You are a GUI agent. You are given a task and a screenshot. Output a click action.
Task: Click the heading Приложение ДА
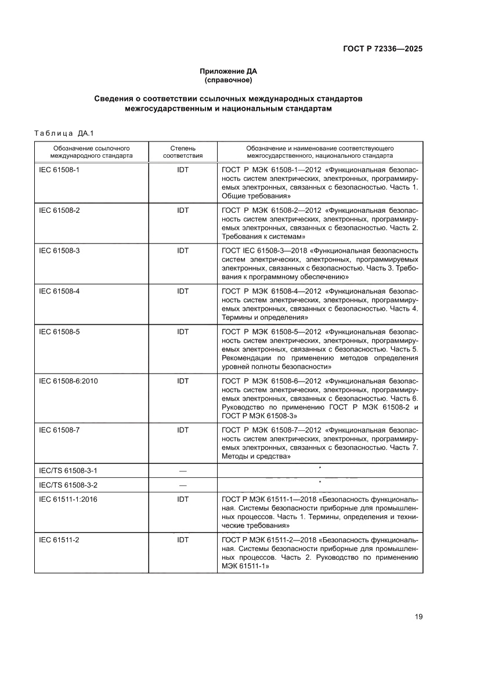coord(228,71)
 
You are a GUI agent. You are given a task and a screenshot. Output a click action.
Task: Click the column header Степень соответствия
coord(183,152)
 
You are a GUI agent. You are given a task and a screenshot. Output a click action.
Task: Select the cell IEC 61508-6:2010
coord(67,381)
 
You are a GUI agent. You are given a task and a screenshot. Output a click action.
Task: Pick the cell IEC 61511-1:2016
coord(67,499)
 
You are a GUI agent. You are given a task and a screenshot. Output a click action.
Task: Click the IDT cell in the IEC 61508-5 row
coord(183,332)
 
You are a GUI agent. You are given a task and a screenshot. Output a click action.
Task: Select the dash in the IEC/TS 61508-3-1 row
coord(183,470)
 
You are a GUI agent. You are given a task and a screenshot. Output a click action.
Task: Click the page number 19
coord(418,617)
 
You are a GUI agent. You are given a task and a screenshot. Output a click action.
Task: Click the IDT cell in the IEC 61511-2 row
coord(183,540)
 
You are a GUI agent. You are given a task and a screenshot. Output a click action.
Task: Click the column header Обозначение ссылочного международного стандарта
coord(91,152)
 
